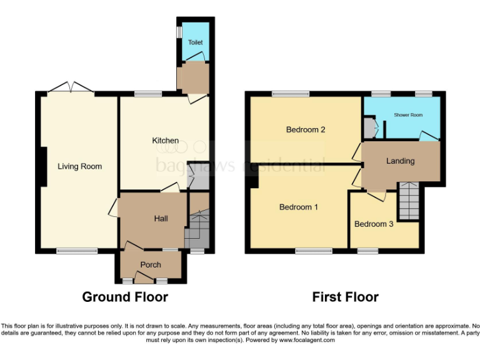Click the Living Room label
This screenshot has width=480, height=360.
pos(79,166)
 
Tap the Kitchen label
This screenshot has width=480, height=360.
pos(166,141)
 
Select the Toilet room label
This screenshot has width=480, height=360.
pos(196,42)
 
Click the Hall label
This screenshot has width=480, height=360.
pos(161,218)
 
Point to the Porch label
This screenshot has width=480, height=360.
pos(151,265)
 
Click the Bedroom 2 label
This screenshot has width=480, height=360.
pos(306,130)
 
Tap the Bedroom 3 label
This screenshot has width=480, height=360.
pos(374,224)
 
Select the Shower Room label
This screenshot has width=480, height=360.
pos(408,115)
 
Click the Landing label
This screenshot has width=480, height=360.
pos(400,161)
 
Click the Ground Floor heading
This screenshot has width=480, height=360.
pos(125,297)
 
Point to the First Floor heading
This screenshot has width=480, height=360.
pos(346,297)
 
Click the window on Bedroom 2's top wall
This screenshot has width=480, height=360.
pos(291,94)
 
